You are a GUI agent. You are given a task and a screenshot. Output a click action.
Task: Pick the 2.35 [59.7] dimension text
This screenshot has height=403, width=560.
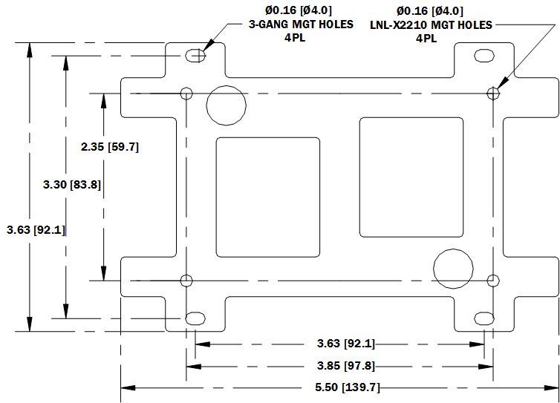point(110,147)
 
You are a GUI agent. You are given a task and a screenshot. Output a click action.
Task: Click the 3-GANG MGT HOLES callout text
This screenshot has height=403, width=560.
point(288,24)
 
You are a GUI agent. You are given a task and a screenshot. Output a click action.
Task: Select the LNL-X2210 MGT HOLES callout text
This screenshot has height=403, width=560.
point(430,24)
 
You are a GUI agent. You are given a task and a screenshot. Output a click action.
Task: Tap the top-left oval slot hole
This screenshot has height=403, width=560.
point(195,56)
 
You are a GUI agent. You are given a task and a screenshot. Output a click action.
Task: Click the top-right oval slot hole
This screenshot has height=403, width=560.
point(484,56)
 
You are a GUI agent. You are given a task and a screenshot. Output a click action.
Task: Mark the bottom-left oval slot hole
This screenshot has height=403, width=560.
point(195,318)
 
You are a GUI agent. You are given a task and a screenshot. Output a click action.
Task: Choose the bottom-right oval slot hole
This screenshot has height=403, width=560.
point(484,318)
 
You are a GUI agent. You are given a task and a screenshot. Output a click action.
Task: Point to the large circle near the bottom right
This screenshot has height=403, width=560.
point(453,267)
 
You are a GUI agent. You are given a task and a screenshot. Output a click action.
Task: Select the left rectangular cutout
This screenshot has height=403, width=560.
point(268,197)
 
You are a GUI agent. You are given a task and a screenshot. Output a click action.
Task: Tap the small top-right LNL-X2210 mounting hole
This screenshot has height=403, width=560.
point(492,93)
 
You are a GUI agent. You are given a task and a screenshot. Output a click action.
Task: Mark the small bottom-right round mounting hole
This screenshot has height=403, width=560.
point(492,280)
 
